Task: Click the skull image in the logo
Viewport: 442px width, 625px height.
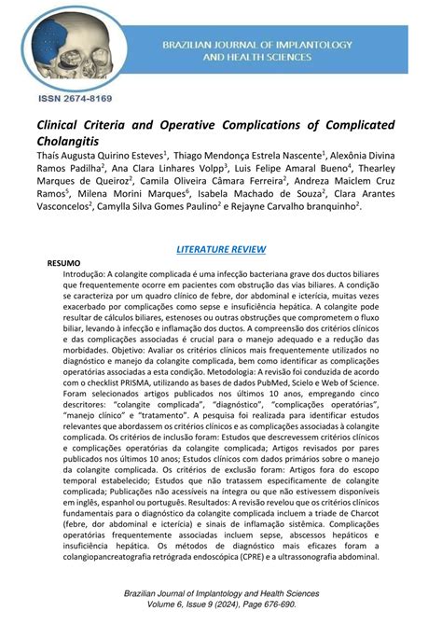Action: click(x=74, y=42)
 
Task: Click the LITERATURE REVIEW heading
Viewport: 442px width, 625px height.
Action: click(x=221, y=249)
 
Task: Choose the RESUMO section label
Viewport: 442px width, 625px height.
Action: click(x=64, y=264)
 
